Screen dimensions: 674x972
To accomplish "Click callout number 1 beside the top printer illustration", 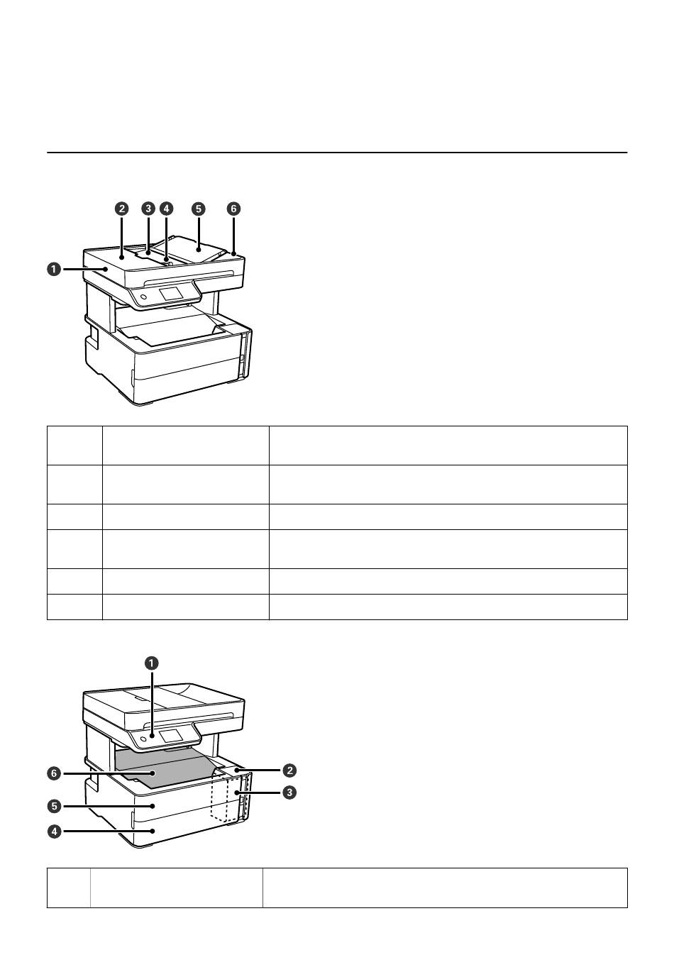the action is point(54,270).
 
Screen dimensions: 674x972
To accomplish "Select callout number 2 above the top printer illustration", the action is point(121,209).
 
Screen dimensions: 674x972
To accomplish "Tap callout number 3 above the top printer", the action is point(148,209).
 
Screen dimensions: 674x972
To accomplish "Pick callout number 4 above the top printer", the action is point(166,209).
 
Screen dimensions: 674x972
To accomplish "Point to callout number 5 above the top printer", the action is point(199,209).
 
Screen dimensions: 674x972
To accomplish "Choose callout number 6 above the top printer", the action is point(233,209).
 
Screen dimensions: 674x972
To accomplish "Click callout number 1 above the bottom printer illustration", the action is point(151,663).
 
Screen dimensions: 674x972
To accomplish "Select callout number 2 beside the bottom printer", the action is point(289,771).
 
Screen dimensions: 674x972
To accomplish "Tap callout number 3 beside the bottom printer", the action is point(289,792).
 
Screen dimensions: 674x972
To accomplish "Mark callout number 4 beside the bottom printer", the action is point(54,832).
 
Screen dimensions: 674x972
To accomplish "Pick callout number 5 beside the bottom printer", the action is point(54,806).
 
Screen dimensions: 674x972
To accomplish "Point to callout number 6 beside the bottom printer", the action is point(54,773).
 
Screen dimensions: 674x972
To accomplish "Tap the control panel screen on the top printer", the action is point(171,293).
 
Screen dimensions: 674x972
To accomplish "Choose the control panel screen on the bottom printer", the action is point(171,736).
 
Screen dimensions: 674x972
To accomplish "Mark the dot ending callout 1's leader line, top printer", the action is point(106,270).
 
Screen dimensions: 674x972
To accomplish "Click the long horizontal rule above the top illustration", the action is point(337,153).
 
